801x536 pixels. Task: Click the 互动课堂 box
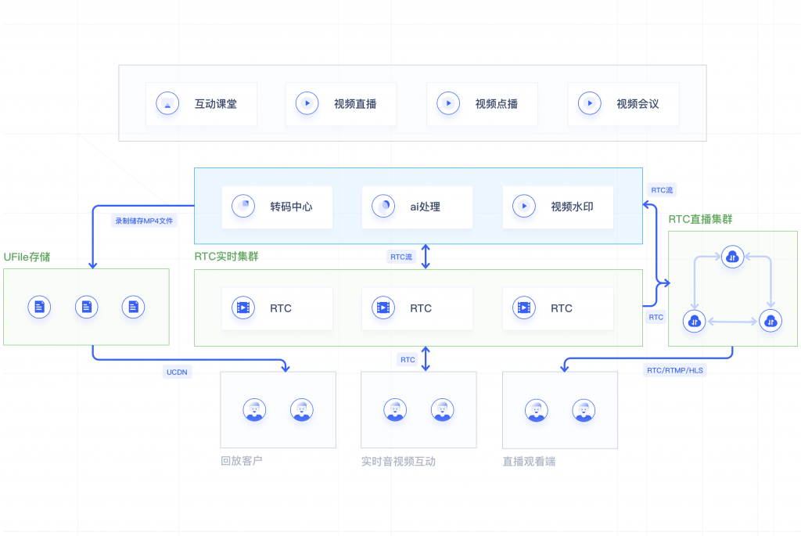[x=201, y=103]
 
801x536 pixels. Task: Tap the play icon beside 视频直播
[x=307, y=103]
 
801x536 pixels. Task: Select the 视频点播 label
[x=496, y=103]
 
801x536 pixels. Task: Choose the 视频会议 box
[x=623, y=103]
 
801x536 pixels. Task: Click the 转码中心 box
[x=277, y=207]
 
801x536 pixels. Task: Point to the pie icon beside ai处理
[x=383, y=207]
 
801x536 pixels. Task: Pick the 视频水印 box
[x=558, y=207]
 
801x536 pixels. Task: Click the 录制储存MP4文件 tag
[x=145, y=221]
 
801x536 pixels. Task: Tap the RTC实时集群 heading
[x=231, y=257]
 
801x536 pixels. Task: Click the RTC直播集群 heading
[x=700, y=219]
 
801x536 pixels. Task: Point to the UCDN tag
[x=176, y=372]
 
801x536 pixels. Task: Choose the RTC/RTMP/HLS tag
[x=674, y=370]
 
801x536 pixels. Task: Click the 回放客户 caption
[x=242, y=461]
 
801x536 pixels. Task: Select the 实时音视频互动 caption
[x=398, y=462]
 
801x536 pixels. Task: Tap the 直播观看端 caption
[x=529, y=462]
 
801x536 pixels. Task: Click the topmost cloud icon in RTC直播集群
[x=732, y=257]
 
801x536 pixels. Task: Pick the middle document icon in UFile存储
[x=86, y=307]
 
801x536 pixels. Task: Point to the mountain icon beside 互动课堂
[x=167, y=103]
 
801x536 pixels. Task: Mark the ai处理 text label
[x=426, y=207]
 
